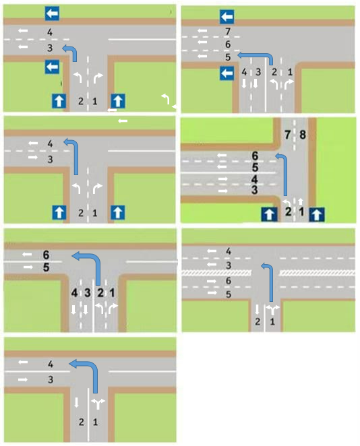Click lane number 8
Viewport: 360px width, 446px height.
coord(303,135)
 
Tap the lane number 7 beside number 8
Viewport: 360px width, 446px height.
coord(287,135)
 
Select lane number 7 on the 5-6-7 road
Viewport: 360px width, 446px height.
coord(228,31)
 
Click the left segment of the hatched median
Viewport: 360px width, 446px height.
coord(216,273)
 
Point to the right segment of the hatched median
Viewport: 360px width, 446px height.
coord(318,273)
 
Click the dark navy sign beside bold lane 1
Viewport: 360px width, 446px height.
coord(316,215)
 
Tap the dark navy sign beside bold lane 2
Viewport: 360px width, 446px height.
coord(269,215)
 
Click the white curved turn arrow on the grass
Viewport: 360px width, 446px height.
coord(166,98)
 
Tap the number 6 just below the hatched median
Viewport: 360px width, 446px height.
coord(229,281)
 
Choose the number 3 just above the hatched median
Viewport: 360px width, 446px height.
coord(229,265)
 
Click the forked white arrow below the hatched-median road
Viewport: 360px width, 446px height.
coord(272,309)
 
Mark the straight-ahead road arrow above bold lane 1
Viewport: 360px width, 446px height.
coord(300,201)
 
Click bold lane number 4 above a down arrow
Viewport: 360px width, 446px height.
coord(74,292)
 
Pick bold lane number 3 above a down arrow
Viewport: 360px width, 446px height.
coord(88,292)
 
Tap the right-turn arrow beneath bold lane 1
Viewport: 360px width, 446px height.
coord(113,309)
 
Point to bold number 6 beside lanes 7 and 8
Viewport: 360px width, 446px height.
coord(255,156)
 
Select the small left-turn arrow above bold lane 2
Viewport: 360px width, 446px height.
coord(287,203)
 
